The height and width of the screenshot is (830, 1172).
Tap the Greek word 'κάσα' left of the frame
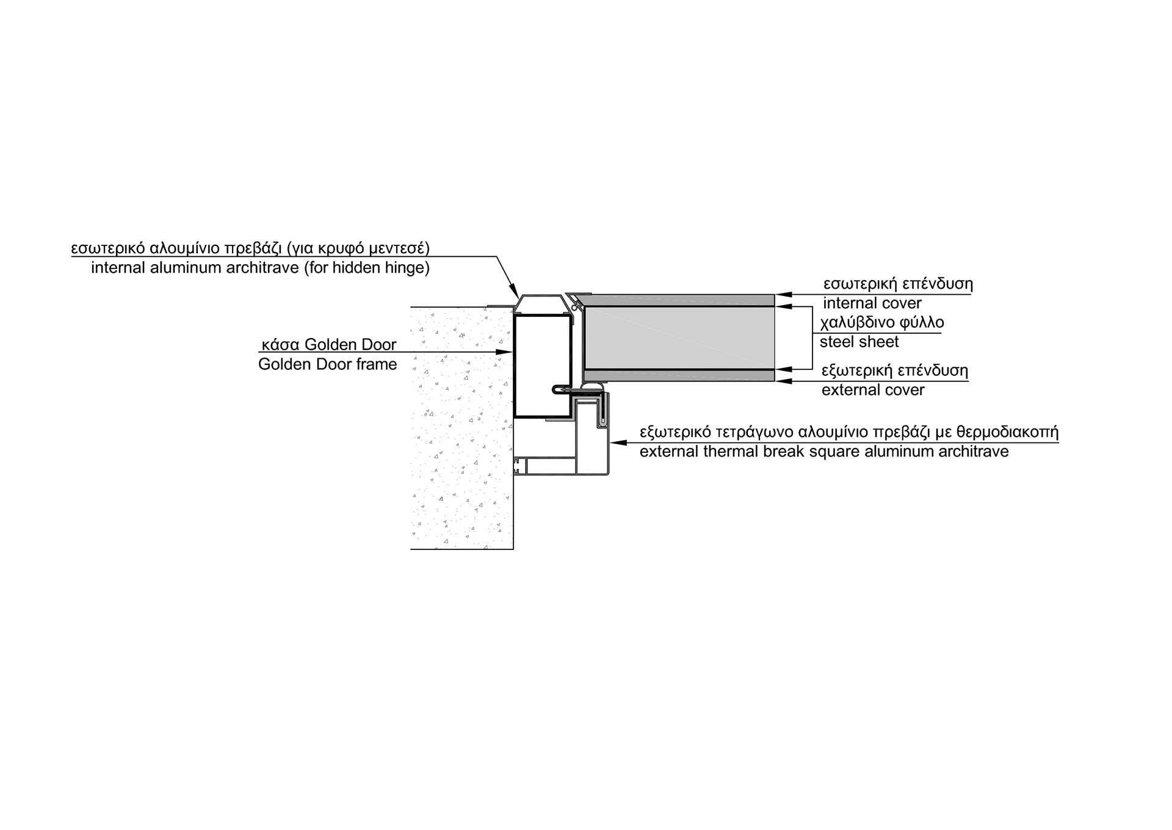tap(280, 345)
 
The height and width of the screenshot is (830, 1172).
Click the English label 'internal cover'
tap(872, 303)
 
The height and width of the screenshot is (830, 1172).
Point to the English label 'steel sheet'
tap(859, 342)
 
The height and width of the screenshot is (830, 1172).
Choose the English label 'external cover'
tap(873, 390)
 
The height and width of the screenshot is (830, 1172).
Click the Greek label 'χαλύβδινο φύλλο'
tap(881, 323)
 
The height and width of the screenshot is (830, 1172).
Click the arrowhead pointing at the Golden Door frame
tap(504, 352)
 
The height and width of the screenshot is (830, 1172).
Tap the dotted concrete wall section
tap(461, 427)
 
